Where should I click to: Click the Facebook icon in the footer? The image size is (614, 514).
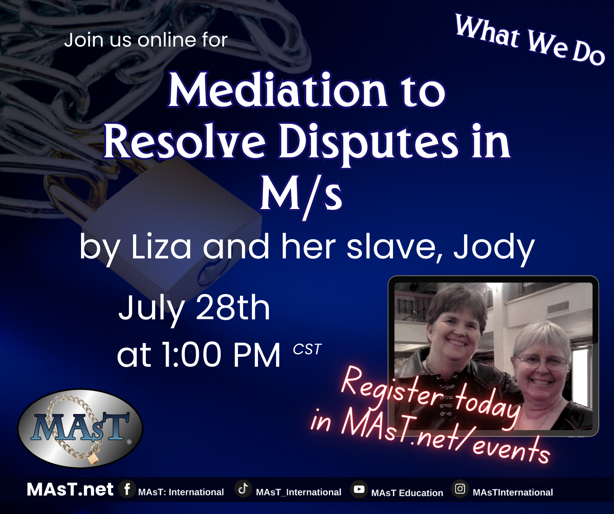127,489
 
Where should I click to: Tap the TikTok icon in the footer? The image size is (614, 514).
243,489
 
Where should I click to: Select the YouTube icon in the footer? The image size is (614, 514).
359,490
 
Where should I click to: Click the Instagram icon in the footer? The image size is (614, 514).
460,489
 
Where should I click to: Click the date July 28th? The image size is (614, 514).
194,310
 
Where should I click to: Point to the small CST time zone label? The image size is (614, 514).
307,349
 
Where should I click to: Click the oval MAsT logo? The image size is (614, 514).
80,429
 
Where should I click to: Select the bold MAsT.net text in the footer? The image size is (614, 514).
70,490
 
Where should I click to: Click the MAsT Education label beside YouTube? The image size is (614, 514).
407,493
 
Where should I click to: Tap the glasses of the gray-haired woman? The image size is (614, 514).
542,360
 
